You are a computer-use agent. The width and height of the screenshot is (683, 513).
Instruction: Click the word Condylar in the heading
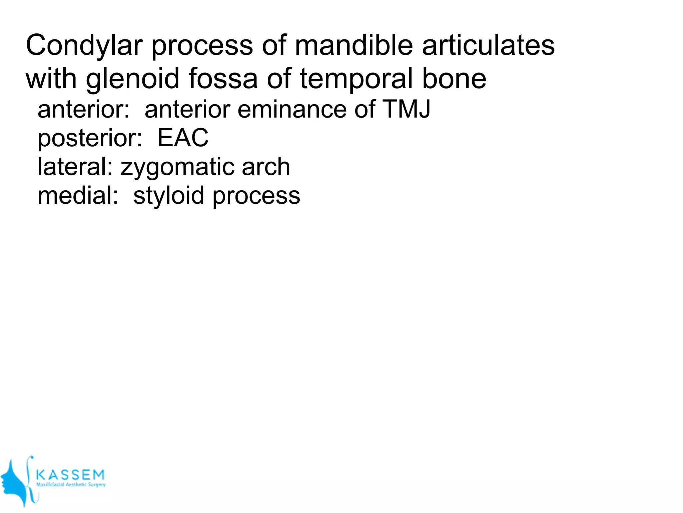click(84, 46)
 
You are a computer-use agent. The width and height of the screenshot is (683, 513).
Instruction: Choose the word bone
click(454, 78)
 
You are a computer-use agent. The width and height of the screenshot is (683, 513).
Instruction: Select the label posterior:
click(90, 138)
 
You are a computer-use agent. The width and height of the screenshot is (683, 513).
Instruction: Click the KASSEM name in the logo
click(70, 475)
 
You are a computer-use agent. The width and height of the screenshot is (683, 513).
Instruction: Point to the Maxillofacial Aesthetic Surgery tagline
click(71, 485)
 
